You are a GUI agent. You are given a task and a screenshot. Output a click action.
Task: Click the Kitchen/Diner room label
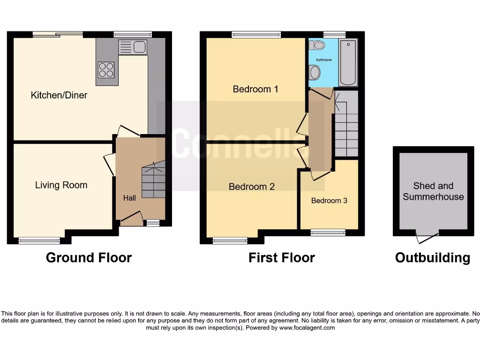(59, 95)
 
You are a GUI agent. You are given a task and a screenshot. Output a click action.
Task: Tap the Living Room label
(61, 185)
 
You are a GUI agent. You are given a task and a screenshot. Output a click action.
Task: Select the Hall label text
(129, 198)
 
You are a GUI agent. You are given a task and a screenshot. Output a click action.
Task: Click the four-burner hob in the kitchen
(106, 70)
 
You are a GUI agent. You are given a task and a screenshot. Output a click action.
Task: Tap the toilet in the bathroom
(318, 45)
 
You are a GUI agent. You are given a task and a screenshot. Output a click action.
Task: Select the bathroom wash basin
(315, 73)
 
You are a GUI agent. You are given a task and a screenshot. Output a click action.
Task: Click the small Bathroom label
(323, 60)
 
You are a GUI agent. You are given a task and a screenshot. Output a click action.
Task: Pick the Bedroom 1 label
(255, 89)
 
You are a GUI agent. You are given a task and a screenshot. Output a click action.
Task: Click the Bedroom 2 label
(252, 187)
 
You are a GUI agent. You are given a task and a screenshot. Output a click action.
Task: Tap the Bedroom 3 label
(329, 201)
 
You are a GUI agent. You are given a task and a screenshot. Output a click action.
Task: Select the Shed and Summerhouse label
(433, 191)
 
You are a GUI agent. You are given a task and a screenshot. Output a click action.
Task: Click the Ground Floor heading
(89, 257)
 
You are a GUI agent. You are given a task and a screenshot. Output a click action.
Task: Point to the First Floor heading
(281, 257)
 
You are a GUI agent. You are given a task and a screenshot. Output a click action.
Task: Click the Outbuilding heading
(432, 257)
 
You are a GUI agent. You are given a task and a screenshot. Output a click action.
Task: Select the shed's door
(427, 238)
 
